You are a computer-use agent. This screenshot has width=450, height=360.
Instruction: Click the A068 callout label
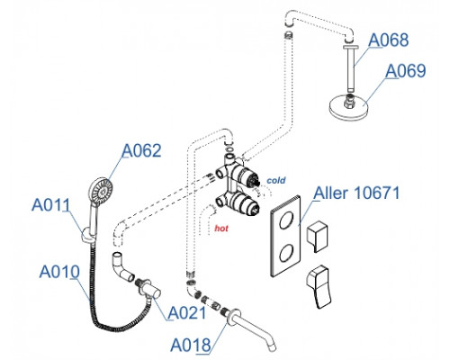(388, 40)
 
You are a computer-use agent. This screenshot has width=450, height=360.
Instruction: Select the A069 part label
(406, 71)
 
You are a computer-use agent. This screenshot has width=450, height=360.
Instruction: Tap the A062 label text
(141, 150)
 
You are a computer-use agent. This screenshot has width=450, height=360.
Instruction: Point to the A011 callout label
(51, 205)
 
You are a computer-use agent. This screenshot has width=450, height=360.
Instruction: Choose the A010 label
(59, 272)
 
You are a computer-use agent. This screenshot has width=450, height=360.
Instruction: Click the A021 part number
(187, 313)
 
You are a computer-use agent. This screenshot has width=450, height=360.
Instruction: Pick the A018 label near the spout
(191, 345)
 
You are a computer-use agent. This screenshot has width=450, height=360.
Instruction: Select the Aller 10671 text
(356, 193)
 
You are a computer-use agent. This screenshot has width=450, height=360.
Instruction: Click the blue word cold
(276, 181)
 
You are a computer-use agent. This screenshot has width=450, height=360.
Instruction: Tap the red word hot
(221, 229)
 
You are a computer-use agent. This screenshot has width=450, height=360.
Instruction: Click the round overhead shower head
(348, 107)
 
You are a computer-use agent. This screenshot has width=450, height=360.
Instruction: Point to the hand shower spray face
(101, 191)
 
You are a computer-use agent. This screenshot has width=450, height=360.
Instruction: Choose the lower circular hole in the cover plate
(286, 253)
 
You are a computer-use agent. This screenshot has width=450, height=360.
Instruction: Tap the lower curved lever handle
(319, 285)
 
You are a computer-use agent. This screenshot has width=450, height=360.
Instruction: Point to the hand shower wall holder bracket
(86, 235)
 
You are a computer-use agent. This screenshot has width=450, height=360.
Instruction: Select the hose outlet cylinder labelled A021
(151, 291)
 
